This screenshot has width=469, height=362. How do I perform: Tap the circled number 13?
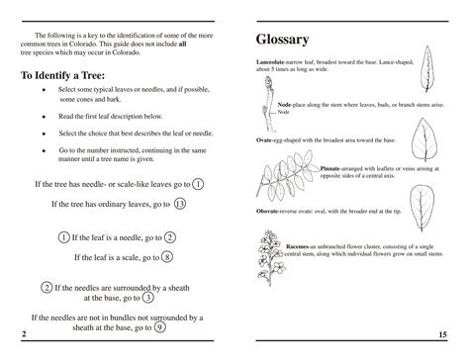[x=179, y=205]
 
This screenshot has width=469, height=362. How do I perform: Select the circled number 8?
[x=167, y=258]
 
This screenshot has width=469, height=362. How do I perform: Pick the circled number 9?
[x=159, y=328]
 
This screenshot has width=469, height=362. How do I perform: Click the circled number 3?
[x=147, y=297]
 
